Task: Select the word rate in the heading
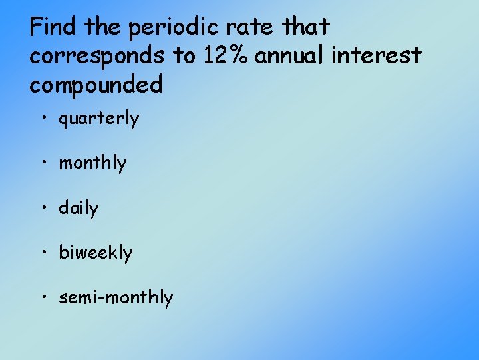tap(255, 28)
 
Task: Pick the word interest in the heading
tap(379, 56)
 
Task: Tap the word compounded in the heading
tap(96, 85)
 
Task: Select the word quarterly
tap(99, 119)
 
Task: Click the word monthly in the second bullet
tap(92, 163)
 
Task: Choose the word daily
tap(79, 208)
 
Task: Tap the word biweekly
tap(96, 253)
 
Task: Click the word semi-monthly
tap(116, 297)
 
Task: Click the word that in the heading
tap(307, 27)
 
